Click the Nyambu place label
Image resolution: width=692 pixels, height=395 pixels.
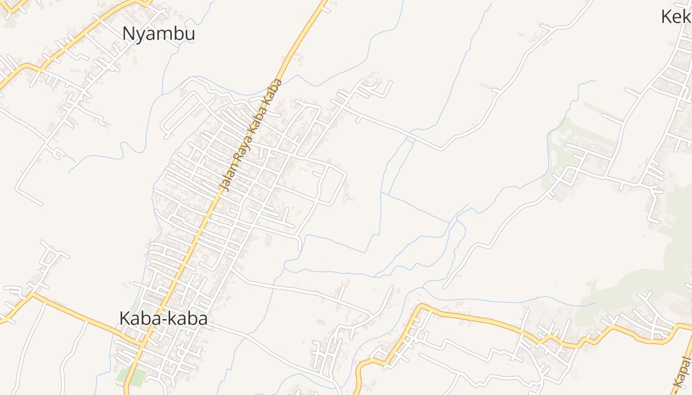[x=159, y=34]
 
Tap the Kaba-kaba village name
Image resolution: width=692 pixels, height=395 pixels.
[x=163, y=318]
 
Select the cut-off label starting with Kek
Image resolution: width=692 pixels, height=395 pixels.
[x=676, y=17]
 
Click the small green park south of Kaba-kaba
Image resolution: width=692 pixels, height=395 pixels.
[x=130, y=376]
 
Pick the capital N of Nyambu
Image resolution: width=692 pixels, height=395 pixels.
[x=129, y=34]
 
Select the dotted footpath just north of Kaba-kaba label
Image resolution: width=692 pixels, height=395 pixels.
[x=155, y=297]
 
